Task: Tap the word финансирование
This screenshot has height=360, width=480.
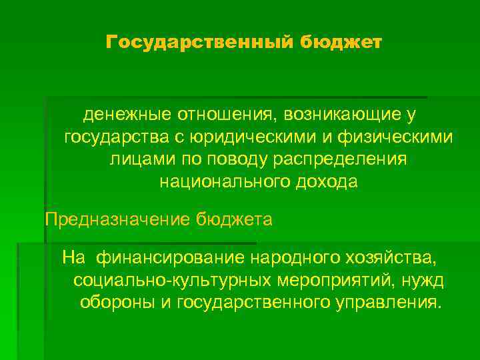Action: pyautogui.click(x=171, y=257)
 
